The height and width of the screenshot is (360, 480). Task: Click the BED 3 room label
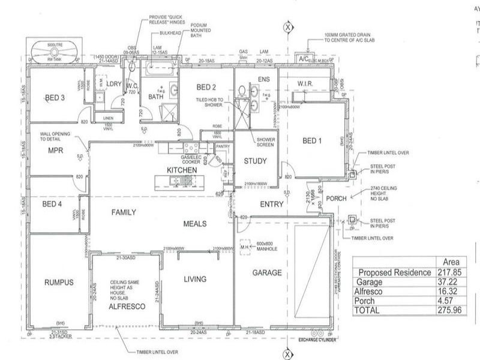tap(55, 98)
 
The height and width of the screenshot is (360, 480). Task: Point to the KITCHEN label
tap(182, 171)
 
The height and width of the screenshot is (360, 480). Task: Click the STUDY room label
tap(255, 161)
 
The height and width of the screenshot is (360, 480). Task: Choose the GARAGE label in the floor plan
tap(267, 272)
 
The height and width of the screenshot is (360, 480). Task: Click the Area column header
tap(450, 262)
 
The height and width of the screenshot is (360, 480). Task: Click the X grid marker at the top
tap(289, 27)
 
